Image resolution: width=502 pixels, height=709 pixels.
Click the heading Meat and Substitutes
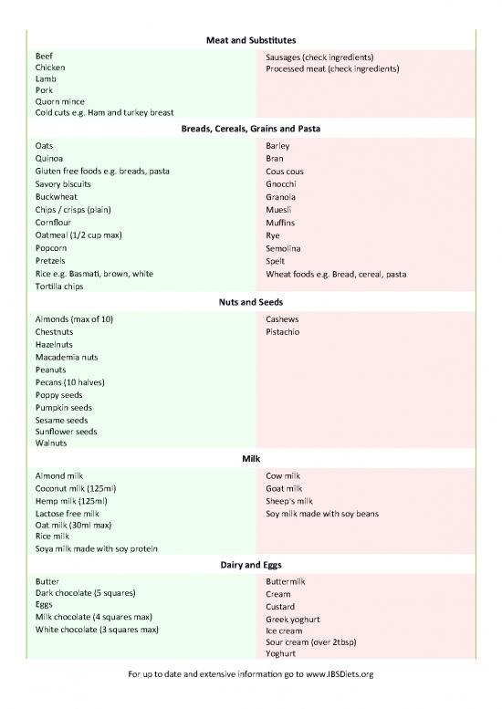click(250, 40)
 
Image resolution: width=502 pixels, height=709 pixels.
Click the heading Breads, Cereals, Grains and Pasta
click(250, 129)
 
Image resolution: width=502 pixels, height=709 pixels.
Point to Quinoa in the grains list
click(49, 158)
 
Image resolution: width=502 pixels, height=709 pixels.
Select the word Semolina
click(283, 247)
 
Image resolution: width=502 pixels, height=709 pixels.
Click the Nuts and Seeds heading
click(250, 301)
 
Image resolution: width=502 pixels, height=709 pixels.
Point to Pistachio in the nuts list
click(283, 332)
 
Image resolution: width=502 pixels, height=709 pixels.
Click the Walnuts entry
click(51, 443)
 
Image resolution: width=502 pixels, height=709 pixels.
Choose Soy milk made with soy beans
click(321, 514)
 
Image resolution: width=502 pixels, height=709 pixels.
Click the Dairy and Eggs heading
click(250, 564)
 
